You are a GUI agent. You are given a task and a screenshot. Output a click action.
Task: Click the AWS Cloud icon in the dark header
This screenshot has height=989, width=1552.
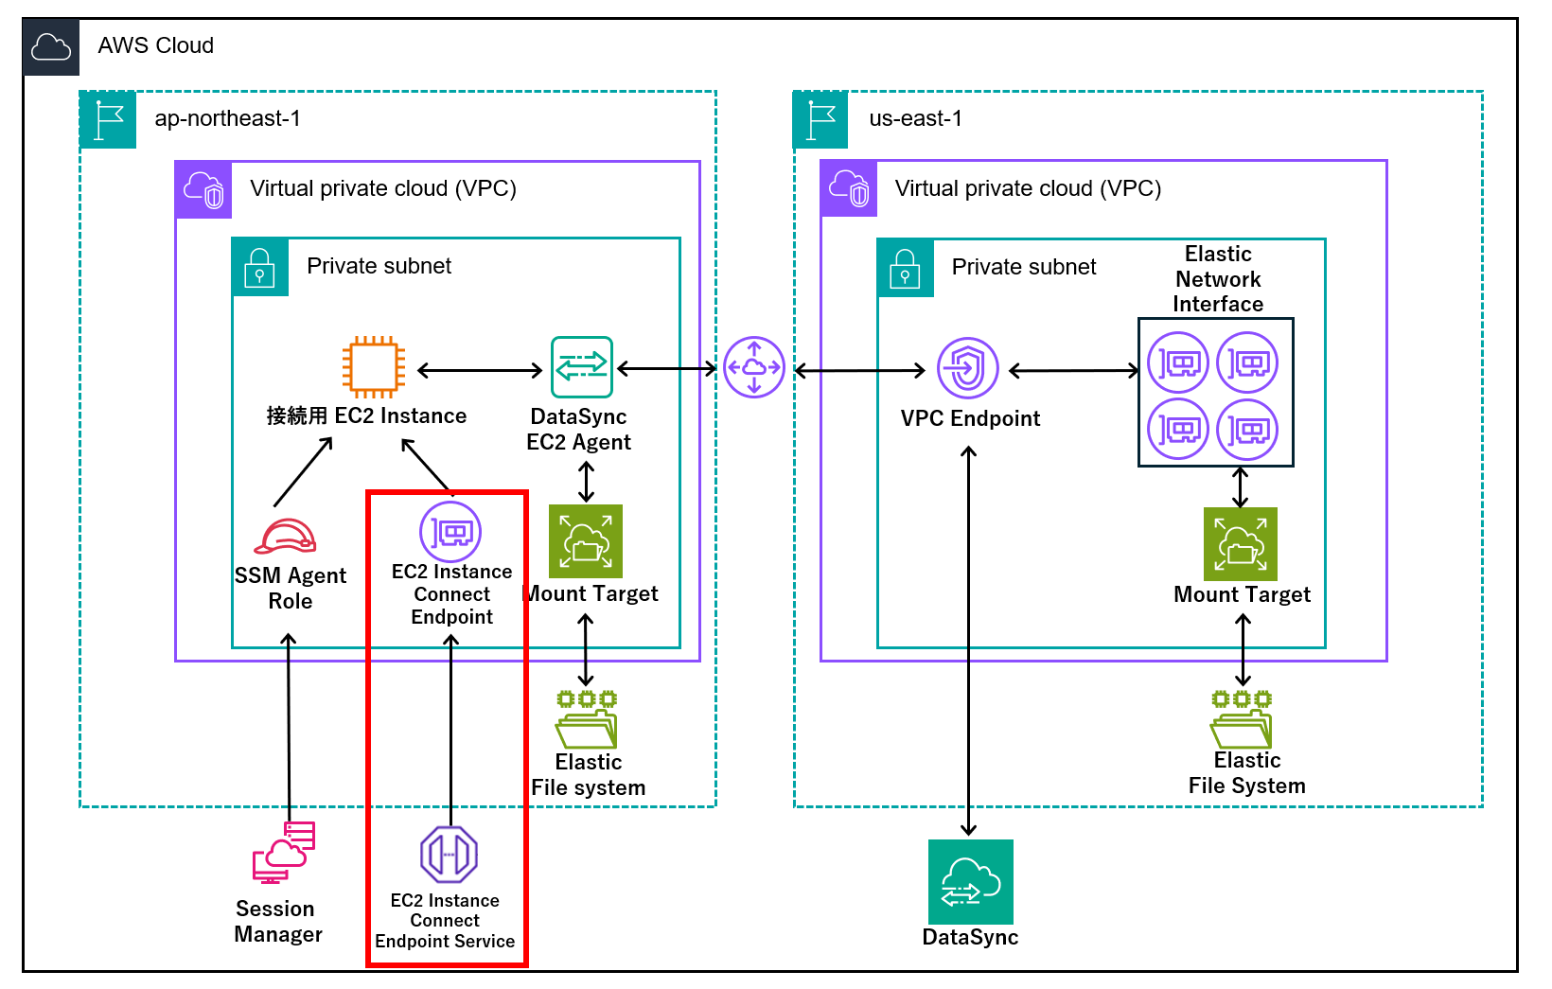click(x=51, y=46)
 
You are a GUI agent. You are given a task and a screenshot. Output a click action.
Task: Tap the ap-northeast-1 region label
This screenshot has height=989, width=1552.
click(x=227, y=118)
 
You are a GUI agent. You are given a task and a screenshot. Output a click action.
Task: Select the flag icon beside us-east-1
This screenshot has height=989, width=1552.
click(x=820, y=120)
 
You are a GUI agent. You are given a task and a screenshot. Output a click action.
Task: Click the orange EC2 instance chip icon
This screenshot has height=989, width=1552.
click(x=374, y=366)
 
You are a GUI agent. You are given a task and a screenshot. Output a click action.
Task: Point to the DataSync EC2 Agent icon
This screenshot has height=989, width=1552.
click(x=581, y=366)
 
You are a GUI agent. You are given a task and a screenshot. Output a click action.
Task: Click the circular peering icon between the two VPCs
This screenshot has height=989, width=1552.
click(x=754, y=367)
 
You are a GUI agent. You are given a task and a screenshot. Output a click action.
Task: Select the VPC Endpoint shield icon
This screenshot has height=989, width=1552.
click(x=967, y=368)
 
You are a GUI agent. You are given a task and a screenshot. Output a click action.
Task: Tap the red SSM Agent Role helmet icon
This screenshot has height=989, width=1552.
click(x=285, y=537)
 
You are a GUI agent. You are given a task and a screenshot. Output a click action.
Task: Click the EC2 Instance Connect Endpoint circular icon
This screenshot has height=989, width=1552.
click(x=450, y=533)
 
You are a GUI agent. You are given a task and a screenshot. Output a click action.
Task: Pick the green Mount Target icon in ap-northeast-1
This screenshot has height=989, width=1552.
click(x=586, y=541)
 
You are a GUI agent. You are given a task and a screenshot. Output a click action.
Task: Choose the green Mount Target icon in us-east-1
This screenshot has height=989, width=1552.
click(x=1240, y=544)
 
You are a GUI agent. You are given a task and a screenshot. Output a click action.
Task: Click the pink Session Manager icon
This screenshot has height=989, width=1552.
click(x=283, y=852)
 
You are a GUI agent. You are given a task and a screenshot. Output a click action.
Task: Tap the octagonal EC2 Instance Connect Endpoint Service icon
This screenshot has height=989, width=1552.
click(x=449, y=855)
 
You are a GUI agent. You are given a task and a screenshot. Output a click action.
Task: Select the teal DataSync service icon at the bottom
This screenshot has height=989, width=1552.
click(x=970, y=882)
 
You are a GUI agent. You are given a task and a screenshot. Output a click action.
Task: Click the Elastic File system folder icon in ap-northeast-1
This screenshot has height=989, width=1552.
click(x=587, y=720)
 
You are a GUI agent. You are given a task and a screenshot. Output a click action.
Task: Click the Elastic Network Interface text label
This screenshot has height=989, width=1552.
click(x=1218, y=279)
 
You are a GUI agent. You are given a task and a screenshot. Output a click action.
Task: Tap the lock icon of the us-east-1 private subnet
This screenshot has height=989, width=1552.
click(x=905, y=269)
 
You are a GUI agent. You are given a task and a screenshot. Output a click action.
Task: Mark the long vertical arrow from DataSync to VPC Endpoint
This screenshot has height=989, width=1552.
click(x=968, y=644)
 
